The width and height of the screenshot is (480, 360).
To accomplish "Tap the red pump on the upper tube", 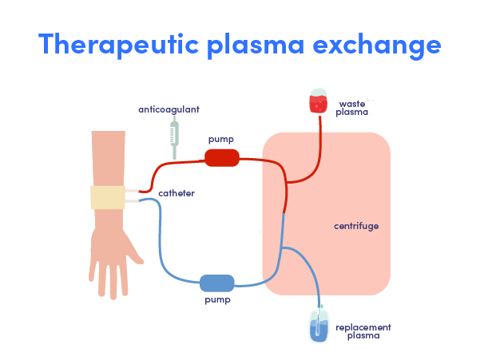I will click(221, 157).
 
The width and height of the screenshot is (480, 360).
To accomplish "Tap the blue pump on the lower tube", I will click(216, 283).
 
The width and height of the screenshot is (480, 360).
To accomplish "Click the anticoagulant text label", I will click(169, 109).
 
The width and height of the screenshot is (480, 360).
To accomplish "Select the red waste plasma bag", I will click(319, 101).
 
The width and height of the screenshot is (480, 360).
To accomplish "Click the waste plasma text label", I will click(352, 108).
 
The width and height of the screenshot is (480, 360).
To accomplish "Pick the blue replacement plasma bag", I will click(319, 326).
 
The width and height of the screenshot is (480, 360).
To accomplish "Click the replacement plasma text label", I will click(363, 331).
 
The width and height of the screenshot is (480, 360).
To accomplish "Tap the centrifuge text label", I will click(355, 226).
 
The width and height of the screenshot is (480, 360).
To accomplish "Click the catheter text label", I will click(177, 193).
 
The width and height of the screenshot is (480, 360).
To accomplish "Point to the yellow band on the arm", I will click(107, 197).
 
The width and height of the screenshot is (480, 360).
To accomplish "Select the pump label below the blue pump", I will click(216, 300).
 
